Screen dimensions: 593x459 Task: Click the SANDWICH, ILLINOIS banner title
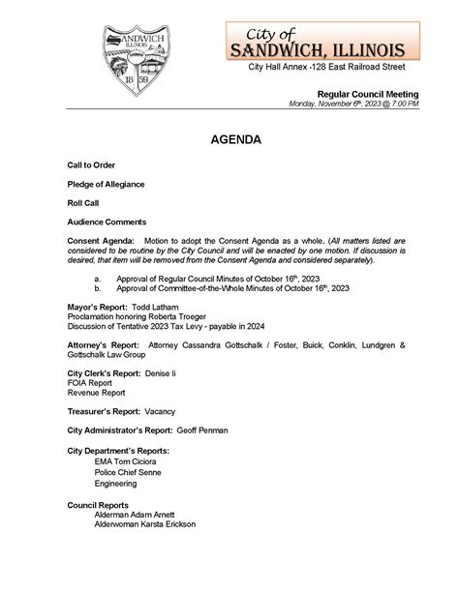pyautogui.click(x=323, y=48)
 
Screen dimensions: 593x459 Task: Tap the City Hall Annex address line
pyautogui.click(x=326, y=67)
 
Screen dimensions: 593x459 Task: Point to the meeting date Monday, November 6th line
pyautogui.click(x=354, y=104)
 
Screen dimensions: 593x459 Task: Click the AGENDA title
pyautogui.click(x=235, y=140)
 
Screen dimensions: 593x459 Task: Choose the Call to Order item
pyautogui.click(x=91, y=165)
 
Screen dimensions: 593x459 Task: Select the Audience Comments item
pyautogui.click(x=107, y=222)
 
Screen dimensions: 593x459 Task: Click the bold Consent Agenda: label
pyautogui.click(x=101, y=240)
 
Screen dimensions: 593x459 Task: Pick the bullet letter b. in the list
pyautogui.click(x=98, y=288)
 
